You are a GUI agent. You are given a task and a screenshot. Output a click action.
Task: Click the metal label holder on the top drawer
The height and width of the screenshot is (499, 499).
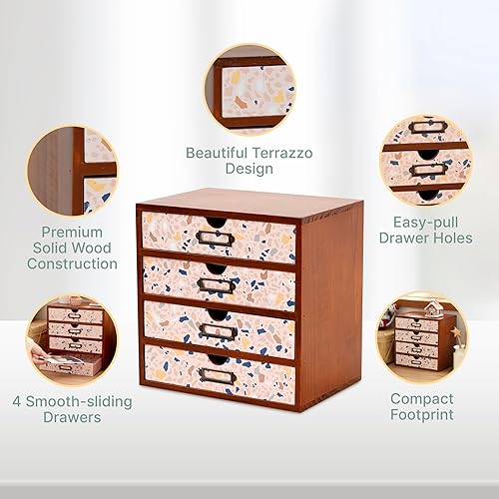(x=215, y=238)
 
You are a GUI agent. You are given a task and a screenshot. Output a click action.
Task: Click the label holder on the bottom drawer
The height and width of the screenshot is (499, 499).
(x=217, y=375)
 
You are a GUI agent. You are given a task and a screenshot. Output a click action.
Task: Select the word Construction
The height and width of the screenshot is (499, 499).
(x=72, y=264)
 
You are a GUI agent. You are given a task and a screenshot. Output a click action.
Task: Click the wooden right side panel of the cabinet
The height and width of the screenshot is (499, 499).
(x=329, y=299)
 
